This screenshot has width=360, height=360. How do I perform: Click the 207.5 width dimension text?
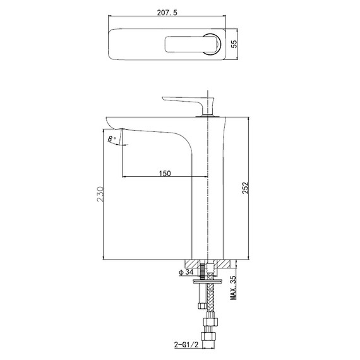(x=169, y=11)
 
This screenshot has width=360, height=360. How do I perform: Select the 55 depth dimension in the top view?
(x=234, y=44)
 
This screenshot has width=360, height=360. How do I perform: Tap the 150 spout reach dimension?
(x=165, y=173)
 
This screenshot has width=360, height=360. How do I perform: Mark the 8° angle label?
(x=111, y=138)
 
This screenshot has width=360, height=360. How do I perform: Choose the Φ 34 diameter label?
(x=185, y=273)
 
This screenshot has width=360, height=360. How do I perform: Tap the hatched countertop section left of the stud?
(x=193, y=263)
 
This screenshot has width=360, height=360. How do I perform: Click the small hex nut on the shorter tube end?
(x=201, y=306)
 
